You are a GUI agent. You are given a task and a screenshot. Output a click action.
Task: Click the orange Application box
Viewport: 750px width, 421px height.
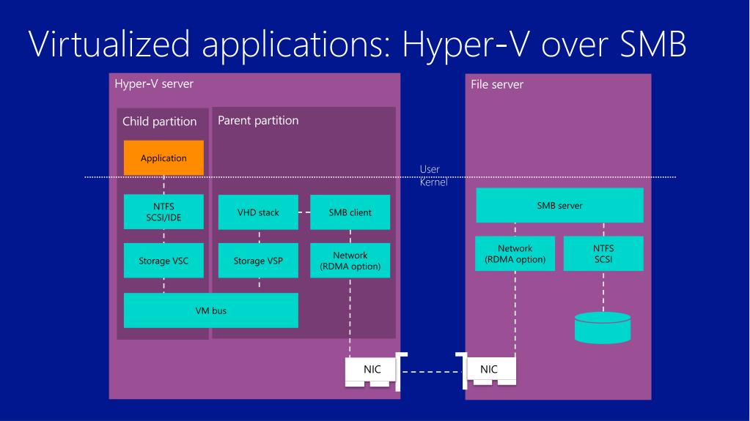[163, 157]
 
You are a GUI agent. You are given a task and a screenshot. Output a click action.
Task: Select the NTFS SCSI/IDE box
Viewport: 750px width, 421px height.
[163, 212]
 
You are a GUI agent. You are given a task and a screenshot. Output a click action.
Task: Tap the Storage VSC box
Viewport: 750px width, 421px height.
[163, 261]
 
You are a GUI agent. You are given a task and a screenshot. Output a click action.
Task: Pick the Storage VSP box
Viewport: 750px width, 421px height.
[258, 261]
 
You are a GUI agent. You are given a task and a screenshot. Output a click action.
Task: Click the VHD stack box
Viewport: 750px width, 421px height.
[258, 212]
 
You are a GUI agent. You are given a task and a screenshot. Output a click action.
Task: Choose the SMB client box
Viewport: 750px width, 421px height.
[350, 212]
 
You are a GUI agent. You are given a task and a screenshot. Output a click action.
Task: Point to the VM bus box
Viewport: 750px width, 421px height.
[211, 310]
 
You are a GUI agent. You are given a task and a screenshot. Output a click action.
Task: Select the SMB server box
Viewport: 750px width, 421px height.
[559, 205]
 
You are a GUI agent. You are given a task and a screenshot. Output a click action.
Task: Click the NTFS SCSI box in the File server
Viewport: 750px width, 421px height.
[603, 254]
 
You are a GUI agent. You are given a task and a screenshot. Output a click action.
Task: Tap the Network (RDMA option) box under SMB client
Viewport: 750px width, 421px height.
[350, 261]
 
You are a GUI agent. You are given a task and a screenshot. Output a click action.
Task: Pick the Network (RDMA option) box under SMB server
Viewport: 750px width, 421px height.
[515, 254]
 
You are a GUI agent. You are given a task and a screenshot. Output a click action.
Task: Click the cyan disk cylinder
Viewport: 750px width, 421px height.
[603, 328]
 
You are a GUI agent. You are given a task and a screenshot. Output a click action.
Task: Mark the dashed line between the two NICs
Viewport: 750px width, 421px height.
[432, 372]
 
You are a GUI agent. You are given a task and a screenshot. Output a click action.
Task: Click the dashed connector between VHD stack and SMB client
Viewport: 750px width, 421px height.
[304, 212]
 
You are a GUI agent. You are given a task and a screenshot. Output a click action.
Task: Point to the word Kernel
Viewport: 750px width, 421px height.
[434, 182]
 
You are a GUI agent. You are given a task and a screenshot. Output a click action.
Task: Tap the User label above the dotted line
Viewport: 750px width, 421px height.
[430, 169]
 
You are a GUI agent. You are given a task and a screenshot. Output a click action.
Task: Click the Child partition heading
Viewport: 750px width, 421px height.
[159, 122]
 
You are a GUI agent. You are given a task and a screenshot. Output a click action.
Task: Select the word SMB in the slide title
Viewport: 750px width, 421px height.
[653, 44]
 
